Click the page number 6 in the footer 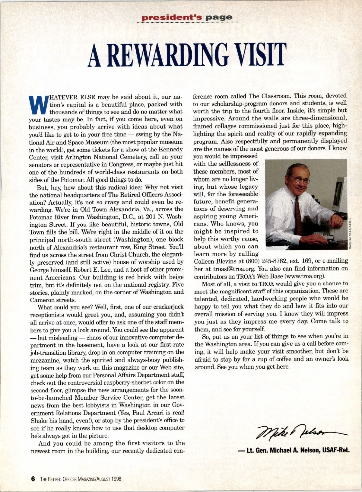point(33,479)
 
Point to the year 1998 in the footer point(116,479)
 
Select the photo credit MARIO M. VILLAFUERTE point(350,232)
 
